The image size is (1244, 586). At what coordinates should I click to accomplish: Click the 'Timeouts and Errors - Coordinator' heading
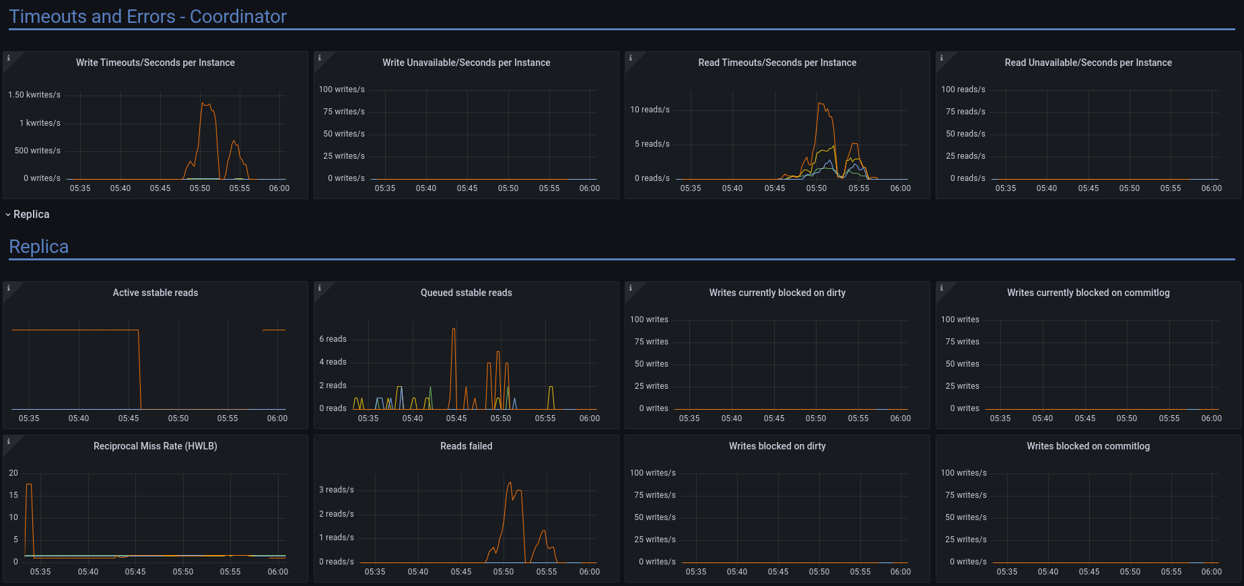147,17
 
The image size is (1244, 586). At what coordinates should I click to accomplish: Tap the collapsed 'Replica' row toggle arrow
8,215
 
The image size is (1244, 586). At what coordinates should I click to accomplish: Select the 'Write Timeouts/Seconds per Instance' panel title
155,63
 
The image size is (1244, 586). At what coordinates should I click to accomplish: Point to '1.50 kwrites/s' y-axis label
34,95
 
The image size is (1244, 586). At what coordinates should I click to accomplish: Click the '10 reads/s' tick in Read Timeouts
650,110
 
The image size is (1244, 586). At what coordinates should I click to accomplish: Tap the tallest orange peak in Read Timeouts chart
820,103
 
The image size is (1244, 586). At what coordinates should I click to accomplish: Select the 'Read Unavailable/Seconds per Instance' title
1088,63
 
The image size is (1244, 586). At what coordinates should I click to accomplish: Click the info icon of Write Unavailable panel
320,58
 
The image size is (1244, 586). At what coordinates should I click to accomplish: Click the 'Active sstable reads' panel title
155,293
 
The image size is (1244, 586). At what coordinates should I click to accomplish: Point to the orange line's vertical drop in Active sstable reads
139,370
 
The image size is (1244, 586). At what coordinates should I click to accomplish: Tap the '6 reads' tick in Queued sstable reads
333,339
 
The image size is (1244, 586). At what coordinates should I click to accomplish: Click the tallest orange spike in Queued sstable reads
454,329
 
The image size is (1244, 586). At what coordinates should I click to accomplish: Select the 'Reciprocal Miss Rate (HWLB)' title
155,446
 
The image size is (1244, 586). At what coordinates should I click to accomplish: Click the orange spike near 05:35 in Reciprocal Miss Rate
28,484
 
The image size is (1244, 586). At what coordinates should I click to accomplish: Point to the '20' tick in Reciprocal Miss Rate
13,473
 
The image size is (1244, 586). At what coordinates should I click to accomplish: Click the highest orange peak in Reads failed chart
510,482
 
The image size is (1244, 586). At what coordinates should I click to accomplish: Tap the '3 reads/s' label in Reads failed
336,490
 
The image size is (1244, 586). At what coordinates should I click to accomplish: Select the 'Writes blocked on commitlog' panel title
1088,446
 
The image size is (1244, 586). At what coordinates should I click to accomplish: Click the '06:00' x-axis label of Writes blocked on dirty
901,572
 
